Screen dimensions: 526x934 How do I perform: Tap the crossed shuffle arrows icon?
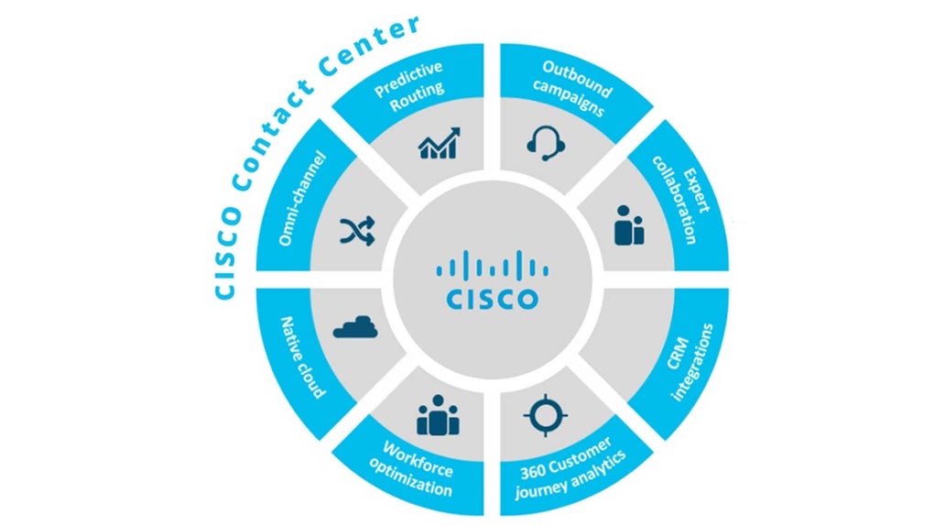click(x=356, y=232)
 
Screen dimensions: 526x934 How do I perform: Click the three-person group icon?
click(x=438, y=417)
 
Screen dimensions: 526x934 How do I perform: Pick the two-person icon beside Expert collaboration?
click(x=628, y=225)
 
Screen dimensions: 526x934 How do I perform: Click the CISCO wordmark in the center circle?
click(x=492, y=299)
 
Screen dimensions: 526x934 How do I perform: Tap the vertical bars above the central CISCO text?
click(x=492, y=266)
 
